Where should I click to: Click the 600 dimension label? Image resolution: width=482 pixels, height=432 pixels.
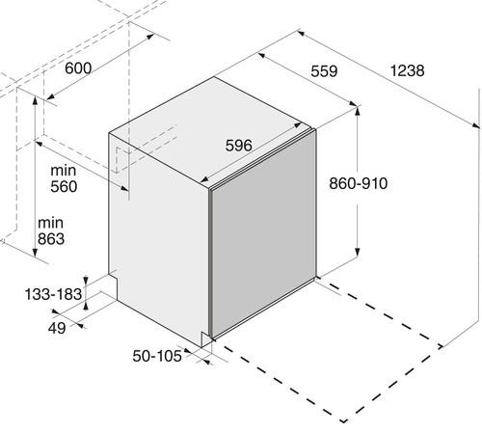(x=78, y=68)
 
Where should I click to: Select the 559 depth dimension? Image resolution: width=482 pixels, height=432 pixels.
(x=324, y=71)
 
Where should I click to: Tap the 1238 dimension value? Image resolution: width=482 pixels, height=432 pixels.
(x=407, y=70)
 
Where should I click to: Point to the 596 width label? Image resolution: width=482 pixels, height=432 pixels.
(x=238, y=146)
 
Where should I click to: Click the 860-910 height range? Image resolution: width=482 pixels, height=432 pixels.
(x=359, y=183)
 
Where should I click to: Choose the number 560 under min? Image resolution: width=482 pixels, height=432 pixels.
(x=64, y=187)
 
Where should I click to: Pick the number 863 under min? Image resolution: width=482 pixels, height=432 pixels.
(x=51, y=239)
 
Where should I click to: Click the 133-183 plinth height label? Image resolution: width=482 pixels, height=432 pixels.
(x=53, y=294)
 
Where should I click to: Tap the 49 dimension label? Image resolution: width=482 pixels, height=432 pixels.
(x=57, y=328)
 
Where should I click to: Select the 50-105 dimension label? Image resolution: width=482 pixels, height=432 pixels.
(x=157, y=356)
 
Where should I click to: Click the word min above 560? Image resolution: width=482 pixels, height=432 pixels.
(x=64, y=171)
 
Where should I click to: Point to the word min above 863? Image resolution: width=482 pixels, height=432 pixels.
(x=50, y=223)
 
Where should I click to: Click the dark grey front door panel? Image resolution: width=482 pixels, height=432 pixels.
(x=263, y=233)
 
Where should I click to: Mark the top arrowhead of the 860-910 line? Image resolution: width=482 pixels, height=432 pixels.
(x=357, y=111)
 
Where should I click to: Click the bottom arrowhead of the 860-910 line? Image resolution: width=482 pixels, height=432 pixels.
(x=357, y=252)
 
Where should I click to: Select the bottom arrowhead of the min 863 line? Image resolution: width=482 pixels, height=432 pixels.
(x=35, y=253)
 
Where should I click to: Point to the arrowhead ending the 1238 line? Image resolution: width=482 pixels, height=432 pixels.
(x=475, y=125)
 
